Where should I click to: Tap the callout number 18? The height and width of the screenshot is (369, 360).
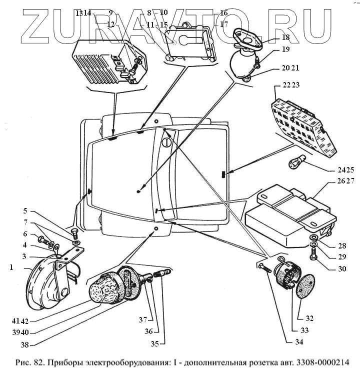coord(285,38)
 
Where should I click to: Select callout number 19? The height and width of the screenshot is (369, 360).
coord(285,49)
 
